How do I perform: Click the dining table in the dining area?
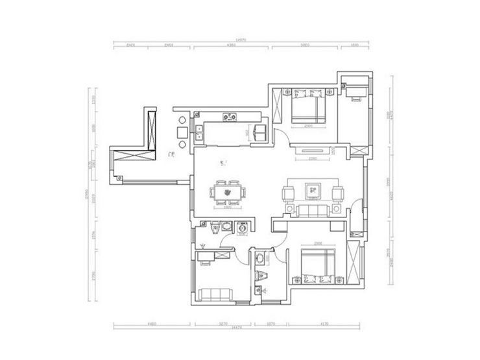(x=229, y=193)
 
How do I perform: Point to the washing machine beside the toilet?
(x=227, y=228)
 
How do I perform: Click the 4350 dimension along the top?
(x=230, y=46)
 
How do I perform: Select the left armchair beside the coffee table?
(x=289, y=193)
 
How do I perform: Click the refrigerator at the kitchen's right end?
(x=260, y=133)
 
